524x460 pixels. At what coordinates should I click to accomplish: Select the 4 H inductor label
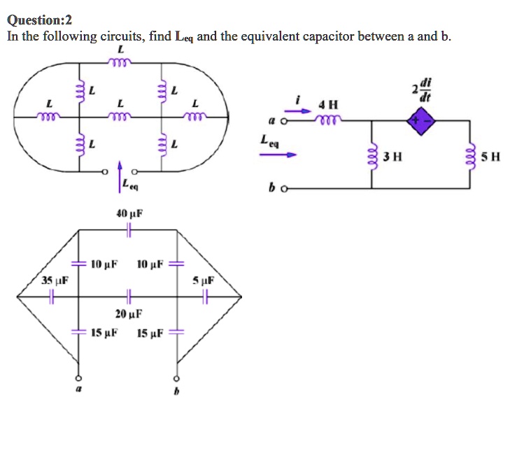[x=327, y=105]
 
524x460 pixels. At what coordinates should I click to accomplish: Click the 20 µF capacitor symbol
[x=128, y=297]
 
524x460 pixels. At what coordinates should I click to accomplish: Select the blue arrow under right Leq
[x=273, y=154]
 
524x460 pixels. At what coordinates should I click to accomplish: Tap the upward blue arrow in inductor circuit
[x=120, y=177]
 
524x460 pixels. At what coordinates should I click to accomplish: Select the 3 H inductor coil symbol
[x=371, y=154]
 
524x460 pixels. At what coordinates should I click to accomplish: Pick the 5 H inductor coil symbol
[x=469, y=154]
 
